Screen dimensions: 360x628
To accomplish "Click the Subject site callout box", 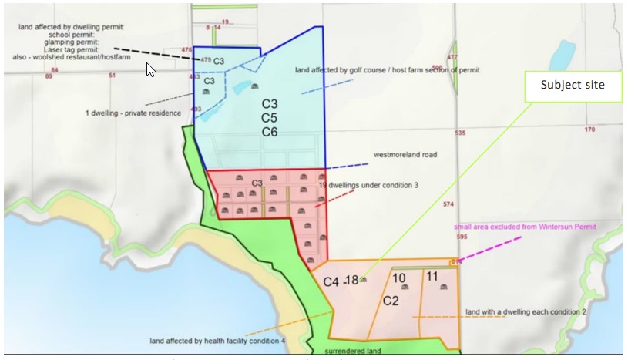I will pos(573,86).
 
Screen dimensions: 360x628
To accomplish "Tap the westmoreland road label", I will pos(405,155).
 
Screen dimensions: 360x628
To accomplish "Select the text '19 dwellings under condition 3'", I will pos(368,185).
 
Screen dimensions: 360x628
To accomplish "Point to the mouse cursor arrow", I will pos(151,70).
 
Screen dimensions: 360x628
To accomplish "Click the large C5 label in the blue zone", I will pos(269,118).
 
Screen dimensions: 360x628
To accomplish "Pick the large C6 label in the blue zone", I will pos(269,133).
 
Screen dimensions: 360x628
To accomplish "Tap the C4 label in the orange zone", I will pos(331,282).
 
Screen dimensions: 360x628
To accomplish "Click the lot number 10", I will pos(399,277).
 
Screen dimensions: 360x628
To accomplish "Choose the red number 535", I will pos(460,133).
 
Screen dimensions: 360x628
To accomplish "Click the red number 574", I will pos(449,204).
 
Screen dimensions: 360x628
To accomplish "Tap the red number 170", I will pos(589,130).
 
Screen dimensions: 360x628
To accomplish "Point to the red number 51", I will pos(113,76).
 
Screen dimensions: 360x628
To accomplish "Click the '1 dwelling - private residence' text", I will pos(133,113).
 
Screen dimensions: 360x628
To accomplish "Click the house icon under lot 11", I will pos(443,287).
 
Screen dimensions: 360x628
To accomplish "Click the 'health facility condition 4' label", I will pos(217,341).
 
